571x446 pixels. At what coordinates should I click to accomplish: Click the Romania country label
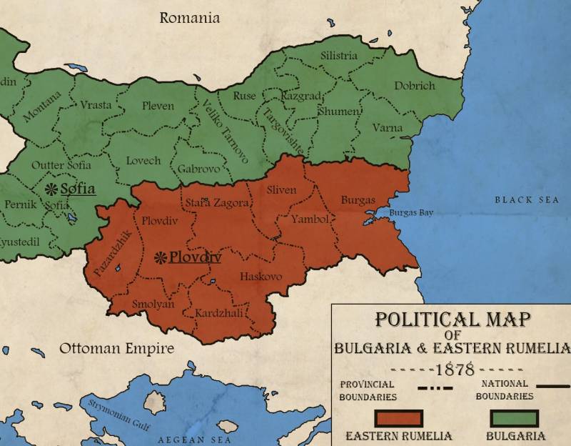tap(189, 18)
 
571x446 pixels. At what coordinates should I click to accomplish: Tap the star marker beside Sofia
tap(51, 189)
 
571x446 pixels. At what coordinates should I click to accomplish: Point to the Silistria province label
tap(338, 56)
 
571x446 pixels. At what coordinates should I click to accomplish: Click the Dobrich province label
tap(414, 86)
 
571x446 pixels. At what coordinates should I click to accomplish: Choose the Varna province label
tap(388, 129)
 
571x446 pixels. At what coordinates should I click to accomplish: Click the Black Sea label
tap(527, 200)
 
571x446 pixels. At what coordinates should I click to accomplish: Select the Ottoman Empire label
tap(116, 349)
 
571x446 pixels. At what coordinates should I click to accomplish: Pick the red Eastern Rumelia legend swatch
tap(398, 418)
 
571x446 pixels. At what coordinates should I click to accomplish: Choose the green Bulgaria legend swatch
tap(514, 418)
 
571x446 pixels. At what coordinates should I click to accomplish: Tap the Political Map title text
tap(453, 319)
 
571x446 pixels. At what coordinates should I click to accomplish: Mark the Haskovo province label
tap(261, 277)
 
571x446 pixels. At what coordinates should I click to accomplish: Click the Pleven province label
tap(158, 106)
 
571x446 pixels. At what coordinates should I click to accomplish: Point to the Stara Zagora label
tap(217, 204)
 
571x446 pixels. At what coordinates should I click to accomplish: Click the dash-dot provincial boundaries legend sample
tap(435, 389)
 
